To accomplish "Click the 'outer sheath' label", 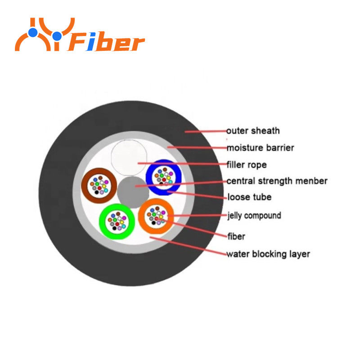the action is tap(253, 130).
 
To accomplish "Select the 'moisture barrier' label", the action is tap(261, 148).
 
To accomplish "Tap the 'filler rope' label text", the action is tap(247, 165).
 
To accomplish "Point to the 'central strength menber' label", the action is tap(277, 181).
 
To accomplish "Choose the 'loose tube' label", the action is tap(249, 197).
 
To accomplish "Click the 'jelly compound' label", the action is tap(254, 216).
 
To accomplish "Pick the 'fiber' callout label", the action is tap(236, 236).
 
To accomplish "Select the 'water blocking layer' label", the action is tap(268, 254).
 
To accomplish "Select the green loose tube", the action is tap(102, 221).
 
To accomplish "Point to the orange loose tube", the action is tap(141, 216).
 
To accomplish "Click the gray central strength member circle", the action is tap(133, 192).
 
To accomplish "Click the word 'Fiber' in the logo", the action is tap(106, 42).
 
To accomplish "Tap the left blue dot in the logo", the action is tap(33, 32).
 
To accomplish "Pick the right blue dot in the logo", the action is tap(57, 36).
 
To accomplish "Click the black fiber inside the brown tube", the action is tap(97, 192).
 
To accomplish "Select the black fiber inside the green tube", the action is tap(114, 228).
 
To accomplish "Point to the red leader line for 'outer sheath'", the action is tap(206, 131).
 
